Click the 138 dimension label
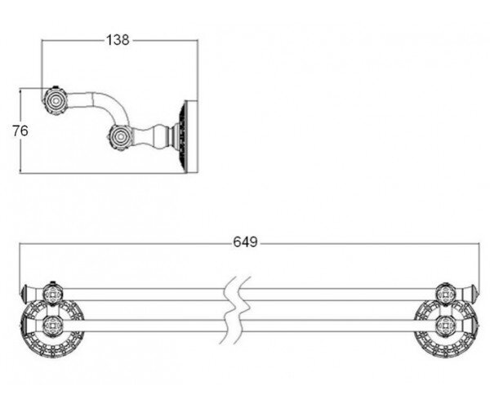[118, 40]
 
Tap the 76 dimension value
[20, 131]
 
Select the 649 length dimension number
[245, 242]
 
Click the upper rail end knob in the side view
[56, 101]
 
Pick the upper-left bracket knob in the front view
[53, 294]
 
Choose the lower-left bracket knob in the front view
[53, 326]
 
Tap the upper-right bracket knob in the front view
[446, 294]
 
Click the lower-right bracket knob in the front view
[446, 326]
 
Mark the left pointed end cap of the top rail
[28, 294]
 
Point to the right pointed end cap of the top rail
[471, 294]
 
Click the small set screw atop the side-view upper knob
[56, 86]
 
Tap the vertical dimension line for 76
[20, 131]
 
